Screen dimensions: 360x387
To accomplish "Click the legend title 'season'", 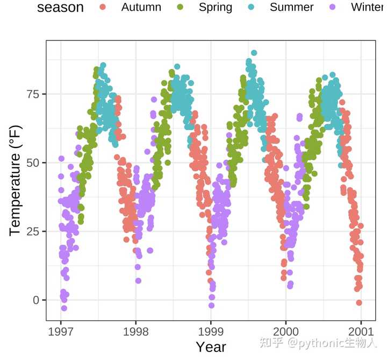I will pos(60,8).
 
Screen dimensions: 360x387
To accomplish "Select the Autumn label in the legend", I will pos(141,8).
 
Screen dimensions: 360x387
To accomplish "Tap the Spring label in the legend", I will pos(215,8).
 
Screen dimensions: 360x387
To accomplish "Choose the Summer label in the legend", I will pos(291,8).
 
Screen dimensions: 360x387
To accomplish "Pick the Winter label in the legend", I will pos(368,8).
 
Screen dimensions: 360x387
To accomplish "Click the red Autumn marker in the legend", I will pos(103,8).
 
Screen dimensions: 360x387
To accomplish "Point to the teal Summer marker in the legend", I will pos(254,8).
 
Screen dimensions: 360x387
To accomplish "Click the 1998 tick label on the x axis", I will pos(135,330).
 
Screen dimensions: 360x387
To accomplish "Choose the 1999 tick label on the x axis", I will pos(211,330).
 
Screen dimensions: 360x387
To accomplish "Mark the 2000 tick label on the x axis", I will pos(285,330).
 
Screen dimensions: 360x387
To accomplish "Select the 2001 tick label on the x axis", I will pos(360,330).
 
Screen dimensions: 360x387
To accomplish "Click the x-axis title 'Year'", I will pos(211,347).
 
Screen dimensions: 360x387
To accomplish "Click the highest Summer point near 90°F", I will pos(254,53).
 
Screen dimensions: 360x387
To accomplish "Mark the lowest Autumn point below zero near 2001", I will pos(359,302).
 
